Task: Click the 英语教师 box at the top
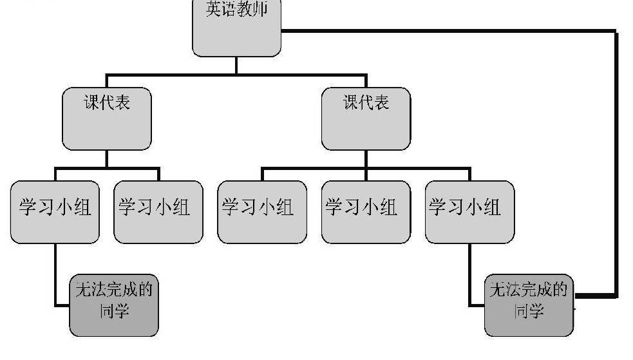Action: click(237, 29)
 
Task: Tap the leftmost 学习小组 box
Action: click(55, 212)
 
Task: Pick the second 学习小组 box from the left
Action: click(158, 212)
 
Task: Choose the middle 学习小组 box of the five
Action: click(261, 212)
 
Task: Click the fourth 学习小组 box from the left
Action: click(365, 212)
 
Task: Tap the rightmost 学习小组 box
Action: click(469, 212)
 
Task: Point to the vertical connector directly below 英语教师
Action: click(236, 66)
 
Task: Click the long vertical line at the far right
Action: click(617, 161)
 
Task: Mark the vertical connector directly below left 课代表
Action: click(107, 159)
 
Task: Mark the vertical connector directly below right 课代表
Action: click(366, 159)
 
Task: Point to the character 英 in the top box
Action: click(214, 10)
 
